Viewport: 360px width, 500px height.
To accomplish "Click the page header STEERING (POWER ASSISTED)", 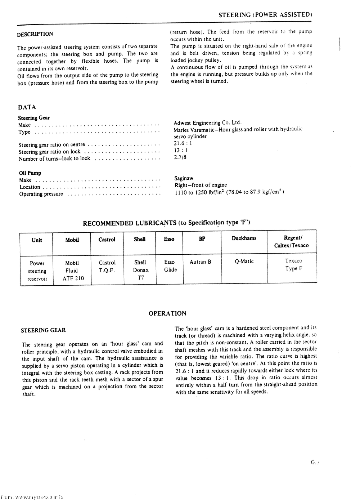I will pos(265,15).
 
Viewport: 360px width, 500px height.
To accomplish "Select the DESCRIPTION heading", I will pos(35,34).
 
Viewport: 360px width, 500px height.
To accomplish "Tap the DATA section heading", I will pos(27,107).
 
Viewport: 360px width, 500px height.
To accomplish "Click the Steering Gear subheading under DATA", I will pos(34,118).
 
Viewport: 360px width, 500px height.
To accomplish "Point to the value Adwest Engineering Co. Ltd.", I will pos(208,123).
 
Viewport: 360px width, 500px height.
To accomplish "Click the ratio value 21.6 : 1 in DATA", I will pos(183,143).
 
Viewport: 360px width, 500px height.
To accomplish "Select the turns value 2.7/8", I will pos(180,157).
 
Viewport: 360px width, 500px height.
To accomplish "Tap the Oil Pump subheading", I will pos(30,173).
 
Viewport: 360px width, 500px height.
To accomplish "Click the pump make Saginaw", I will pos(184,178).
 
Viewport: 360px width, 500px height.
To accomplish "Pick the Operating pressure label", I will pos(41,194).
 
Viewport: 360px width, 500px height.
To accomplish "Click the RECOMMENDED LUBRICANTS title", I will pos(167,223).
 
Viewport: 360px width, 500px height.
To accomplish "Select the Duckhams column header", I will pos(244,238).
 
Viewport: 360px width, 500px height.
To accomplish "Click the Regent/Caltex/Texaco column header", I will pos(292,242).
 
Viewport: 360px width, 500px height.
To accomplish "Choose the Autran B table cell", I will pos(200,262).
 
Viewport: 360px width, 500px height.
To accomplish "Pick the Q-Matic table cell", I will pos(244,262).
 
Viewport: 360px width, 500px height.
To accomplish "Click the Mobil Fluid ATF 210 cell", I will pos(72,271).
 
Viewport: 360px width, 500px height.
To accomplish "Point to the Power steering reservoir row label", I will pos(37,271).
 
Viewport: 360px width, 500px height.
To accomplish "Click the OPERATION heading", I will pos(167,313).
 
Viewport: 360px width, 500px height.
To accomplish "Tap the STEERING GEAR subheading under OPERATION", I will pos(43,330).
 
